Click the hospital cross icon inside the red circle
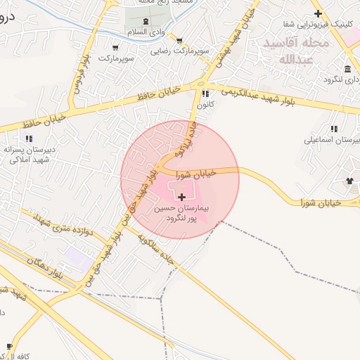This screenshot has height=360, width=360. pyautogui.click(x=183, y=198)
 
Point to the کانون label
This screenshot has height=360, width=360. pyautogui.click(x=205, y=105)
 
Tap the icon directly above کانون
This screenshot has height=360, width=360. pyautogui.click(x=205, y=94)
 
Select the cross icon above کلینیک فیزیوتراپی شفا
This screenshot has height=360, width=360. pyautogui.click(x=318, y=13)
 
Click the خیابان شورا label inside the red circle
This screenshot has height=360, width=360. pyautogui.click(x=193, y=172)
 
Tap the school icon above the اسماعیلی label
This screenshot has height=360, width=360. pyautogui.click(x=334, y=129)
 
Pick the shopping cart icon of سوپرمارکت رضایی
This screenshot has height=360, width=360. pyautogui.click(x=180, y=41)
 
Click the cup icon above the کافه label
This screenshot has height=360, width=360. pyautogui.click(x=10, y=346)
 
